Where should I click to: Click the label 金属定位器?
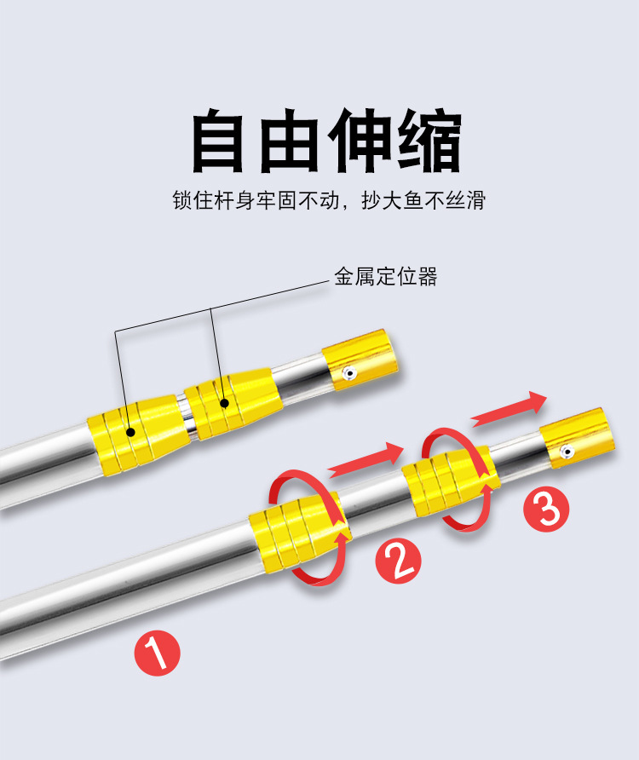pos(385,277)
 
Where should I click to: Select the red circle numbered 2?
pos(398,561)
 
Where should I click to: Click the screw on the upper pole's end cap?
pos(348,373)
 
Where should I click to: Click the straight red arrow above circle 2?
pos(364,458)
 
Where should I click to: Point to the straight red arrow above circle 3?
pos(509,408)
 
